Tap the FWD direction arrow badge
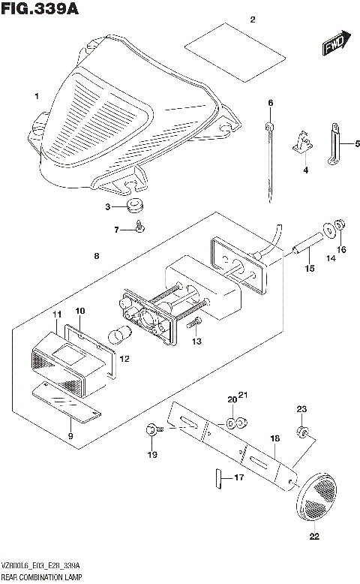pyautogui.click(x=334, y=45)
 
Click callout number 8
pyautogui.click(x=96, y=257)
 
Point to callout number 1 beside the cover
pyautogui.click(x=36, y=96)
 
